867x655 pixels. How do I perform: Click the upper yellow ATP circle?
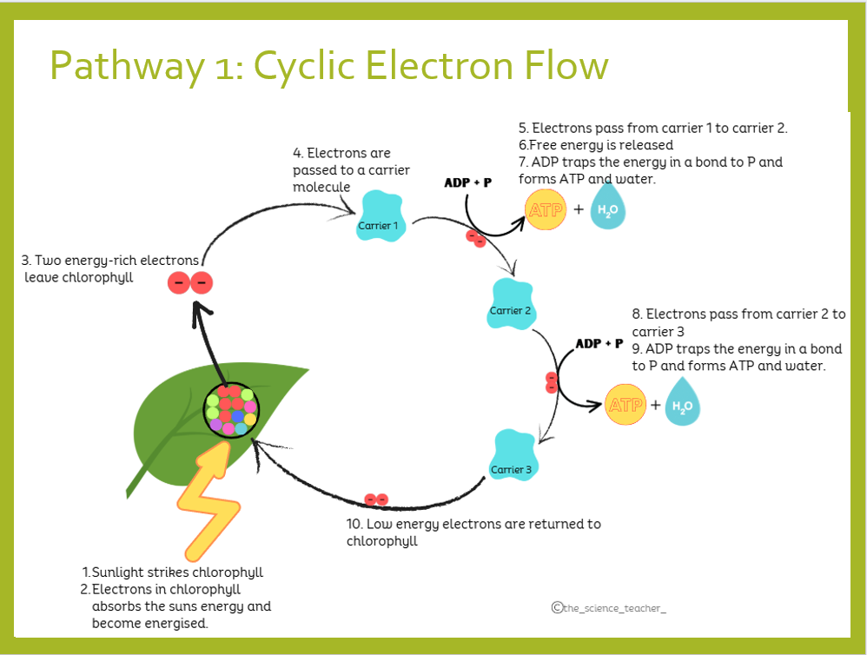pyautogui.click(x=546, y=210)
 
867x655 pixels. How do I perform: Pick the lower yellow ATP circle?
pyautogui.click(x=625, y=405)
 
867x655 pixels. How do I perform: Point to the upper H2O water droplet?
pyautogui.click(x=609, y=210)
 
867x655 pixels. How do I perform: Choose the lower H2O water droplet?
pyautogui.click(x=683, y=406)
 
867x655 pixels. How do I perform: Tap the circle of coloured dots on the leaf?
pyautogui.click(x=230, y=410)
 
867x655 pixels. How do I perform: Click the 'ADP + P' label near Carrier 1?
pyautogui.click(x=468, y=183)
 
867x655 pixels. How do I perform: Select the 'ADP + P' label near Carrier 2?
pyautogui.click(x=599, y=343)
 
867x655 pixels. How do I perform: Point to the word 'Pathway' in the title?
pyautogui.click(x=123, y=67)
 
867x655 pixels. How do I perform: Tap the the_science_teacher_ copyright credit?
pyautogui.click(x=608, y=608)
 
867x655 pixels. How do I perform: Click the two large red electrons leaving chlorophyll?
pyautogui.click(x=189, y=282)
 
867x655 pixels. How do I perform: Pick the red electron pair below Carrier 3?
pyautogui.click(x=376, y=500)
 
